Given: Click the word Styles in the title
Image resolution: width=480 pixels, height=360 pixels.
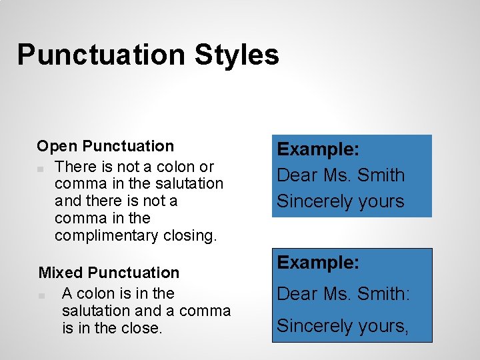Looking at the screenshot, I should [237, 55].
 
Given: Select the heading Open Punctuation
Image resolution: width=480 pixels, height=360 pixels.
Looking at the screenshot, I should [105, 146].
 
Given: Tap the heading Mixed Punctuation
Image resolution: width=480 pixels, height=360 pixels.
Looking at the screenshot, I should [109, 273].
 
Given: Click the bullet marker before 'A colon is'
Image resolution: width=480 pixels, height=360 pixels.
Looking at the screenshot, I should [42, 295].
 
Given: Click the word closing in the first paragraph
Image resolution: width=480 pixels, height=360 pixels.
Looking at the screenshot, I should [191, 235].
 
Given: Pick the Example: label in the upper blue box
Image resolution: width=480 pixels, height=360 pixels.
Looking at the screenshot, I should [319, 149].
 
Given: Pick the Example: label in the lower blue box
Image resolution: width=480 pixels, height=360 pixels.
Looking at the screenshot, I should [319, 262].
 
